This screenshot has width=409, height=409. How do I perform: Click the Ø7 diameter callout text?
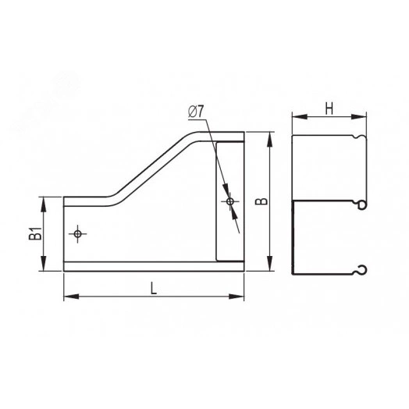tap(196, 112)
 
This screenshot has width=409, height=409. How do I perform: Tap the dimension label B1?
tap(35, 233)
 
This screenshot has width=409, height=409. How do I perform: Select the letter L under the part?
tap(153, 289)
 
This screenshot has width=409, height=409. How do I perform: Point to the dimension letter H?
tap(329, 108)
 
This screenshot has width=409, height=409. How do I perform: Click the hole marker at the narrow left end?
tap(77, 233)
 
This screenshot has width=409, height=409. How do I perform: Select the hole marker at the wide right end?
tap(229, 201)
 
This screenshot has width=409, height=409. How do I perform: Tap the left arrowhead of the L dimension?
tap(71, 297)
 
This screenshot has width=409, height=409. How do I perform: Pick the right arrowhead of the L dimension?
tap(237, 297)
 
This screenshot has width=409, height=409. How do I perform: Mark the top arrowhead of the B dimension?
tap(270, 140)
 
